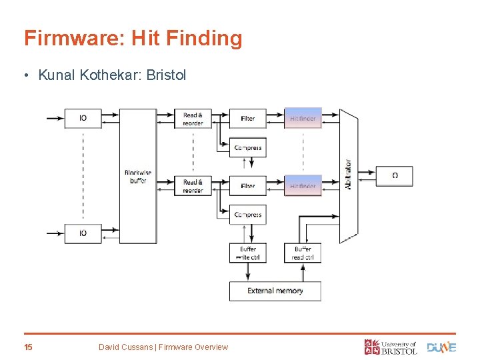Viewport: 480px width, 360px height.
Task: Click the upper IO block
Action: (x=83, y=118)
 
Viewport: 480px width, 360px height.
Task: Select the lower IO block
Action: (x=83, y=233)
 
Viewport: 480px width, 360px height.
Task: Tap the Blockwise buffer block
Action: (x=137, y=176)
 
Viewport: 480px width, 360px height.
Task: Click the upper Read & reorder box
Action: (x=193, y=119)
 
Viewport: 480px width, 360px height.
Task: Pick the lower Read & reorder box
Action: (x=193, y=186)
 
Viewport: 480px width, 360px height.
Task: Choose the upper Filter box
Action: (x=248, y=119)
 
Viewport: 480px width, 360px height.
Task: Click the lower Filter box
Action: (x=248, y=186)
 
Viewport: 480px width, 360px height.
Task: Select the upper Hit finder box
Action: (x=303, y=119)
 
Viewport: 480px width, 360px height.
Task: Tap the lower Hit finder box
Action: (x=303, y=186)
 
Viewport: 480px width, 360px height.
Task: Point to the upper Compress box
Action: (x=248, y=147)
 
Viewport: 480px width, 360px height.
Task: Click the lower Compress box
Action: (x=248, y=215)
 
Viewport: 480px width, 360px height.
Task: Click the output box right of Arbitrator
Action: (x=395, y=176)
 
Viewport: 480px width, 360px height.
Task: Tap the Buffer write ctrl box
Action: (x=248, y=253)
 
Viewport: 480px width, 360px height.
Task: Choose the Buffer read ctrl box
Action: (x=302, y=253)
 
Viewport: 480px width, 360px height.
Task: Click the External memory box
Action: (x=275, y=291)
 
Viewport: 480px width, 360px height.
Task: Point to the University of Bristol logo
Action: (x=391, y=347)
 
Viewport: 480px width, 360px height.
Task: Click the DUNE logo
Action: (x=441, y=347)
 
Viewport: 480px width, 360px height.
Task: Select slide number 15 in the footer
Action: (x=28, y=347)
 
